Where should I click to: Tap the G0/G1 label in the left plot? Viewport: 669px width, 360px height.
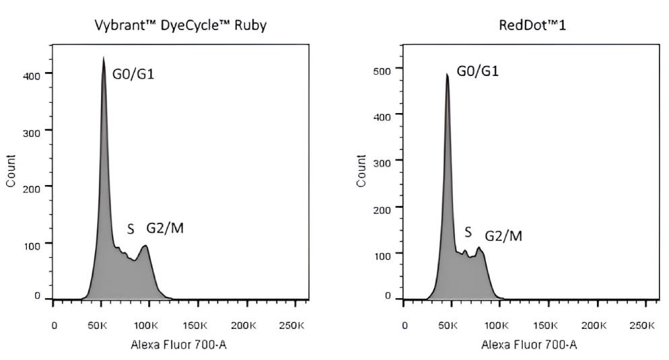[133, 73]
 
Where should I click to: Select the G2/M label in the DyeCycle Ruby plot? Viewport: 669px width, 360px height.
[165, 228]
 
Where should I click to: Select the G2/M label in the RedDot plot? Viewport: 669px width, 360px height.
[503, 236]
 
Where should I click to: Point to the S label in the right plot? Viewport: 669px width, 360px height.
[468, 233]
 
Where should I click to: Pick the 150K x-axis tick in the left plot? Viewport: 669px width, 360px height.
[195, 326]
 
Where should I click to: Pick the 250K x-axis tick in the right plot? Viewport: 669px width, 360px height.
[640, 326]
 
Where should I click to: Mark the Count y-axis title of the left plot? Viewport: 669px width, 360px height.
[11, 171]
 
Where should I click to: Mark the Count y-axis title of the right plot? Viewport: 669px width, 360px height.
[362, 171]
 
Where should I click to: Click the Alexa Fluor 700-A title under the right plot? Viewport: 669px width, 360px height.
[528, 345]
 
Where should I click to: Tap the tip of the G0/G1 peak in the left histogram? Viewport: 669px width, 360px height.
[103, 58]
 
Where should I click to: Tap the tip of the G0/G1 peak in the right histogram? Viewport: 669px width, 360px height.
[447, 74]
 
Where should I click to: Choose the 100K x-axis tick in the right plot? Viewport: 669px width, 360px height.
[496, 326]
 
